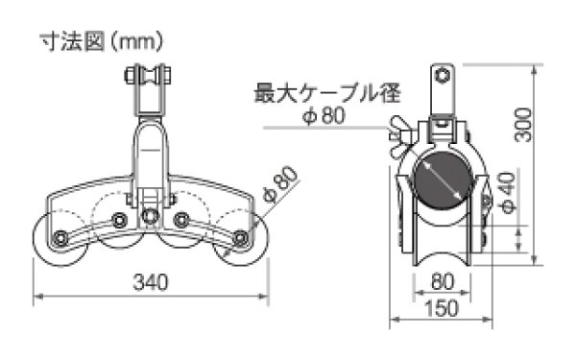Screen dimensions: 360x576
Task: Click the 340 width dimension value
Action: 151,282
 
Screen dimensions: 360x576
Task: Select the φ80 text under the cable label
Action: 323,117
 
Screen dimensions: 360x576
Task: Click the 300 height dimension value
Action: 522,122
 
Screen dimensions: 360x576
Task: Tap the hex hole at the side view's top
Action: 442,77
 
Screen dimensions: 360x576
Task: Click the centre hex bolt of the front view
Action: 150,215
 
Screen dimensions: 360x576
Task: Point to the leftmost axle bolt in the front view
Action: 60,237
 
